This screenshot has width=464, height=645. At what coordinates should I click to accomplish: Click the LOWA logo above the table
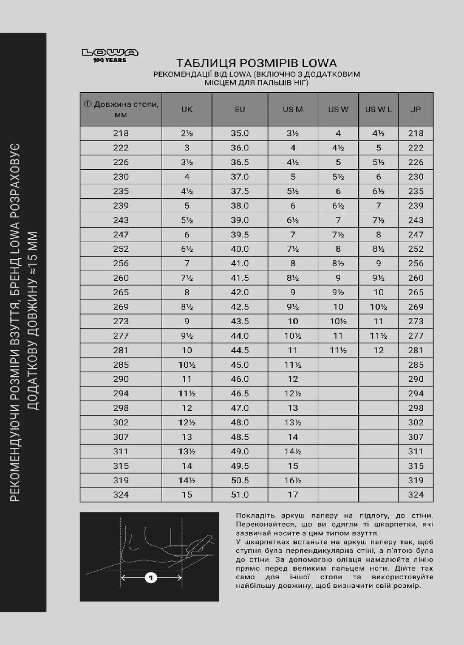coord(110,56)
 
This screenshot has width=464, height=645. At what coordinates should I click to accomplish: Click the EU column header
coord(240,109)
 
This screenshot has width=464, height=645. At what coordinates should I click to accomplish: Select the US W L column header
coord(378,109)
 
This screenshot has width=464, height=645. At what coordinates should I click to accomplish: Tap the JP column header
coord(416,109)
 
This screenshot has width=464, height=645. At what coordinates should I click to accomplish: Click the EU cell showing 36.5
coord(240,162)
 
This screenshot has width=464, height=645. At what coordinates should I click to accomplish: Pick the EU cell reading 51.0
coord(240,495)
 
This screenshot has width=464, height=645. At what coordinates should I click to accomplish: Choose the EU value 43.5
coord(240,321)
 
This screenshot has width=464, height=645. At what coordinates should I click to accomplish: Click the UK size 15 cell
coord(187,495)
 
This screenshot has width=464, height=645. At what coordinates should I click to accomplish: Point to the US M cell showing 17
coord(293,495)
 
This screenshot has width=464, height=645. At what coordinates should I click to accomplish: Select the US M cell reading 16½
coord(293,480)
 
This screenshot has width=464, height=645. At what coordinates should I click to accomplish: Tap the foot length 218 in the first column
coord(121,133)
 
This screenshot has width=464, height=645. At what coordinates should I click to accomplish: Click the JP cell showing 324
coord(416,495)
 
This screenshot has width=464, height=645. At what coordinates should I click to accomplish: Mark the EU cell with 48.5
coord(240,437)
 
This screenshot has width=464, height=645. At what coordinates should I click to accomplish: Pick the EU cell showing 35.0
coord(240,133)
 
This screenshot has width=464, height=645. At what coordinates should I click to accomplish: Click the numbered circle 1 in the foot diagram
coord(151,578)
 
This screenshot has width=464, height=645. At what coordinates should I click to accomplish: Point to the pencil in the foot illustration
coord(199,545)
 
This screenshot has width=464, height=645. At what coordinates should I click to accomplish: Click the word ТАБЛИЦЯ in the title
coord(201,63)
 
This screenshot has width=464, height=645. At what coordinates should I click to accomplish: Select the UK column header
coord(187,109)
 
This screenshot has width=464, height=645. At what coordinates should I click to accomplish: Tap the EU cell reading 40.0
coord(240,249)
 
